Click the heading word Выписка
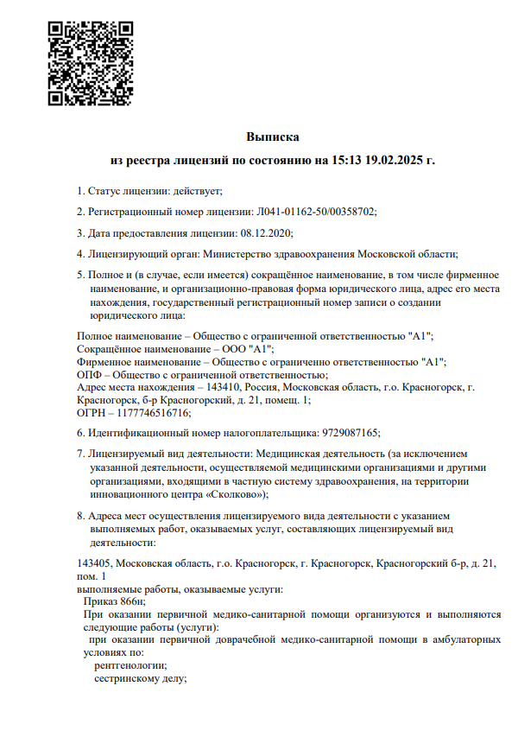point(273,137)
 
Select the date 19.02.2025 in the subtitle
point(396,161)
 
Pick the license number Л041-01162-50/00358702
point(316,212)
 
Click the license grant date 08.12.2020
point(267,233)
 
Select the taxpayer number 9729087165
point(351,433)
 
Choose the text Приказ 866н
point(114,601)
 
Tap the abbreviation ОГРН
point(92,412)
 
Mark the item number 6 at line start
point(79,433)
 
